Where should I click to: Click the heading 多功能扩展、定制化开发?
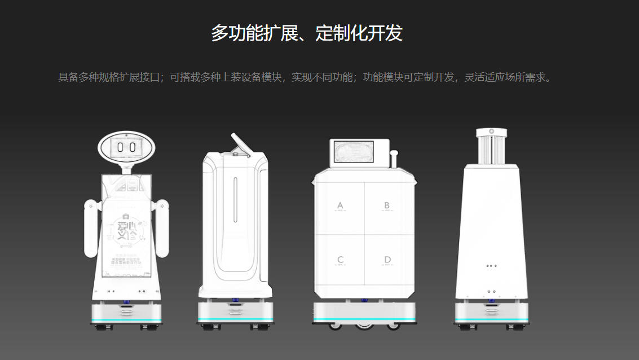pos(307,33)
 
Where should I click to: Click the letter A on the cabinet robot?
pos(340,205)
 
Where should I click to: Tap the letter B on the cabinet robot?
pos(387,205)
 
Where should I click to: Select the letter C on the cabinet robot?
pos(340,260)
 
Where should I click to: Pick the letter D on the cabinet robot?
pos(387,260)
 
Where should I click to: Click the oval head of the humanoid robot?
pos(126,147)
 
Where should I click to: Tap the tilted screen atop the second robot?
pos(241,145)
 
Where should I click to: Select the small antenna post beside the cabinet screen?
pos(395,159)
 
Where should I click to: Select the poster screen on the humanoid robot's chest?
pos(126,226)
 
